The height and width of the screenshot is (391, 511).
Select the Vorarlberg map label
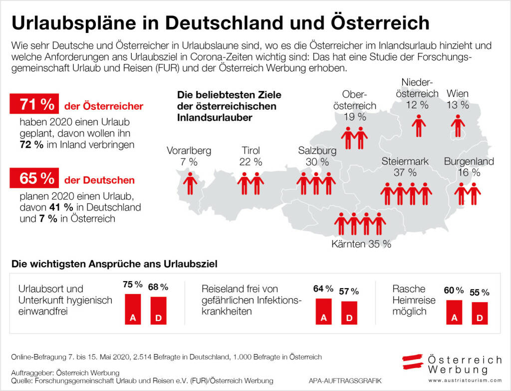pyautogui.click(x=189, y=150)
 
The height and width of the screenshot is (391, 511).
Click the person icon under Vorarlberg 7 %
pyautogui.click(x=190, y=183)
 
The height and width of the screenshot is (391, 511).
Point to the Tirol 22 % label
pyautogui.click(x=251, y=156)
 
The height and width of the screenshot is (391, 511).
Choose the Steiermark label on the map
pyautogui.click(x=405, y=161)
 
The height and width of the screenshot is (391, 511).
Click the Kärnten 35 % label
pyautogui.click(x=361, y=245)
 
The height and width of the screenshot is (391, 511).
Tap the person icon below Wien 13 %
pyautogui.click(x=458, y=125)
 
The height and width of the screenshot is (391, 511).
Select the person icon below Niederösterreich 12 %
pyautogui.click(x=418, y=125)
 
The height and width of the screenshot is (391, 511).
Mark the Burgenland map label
pyautogui.click(x=469, y=161)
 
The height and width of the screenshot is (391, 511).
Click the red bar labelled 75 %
pyautogui.click(x=133, y=309)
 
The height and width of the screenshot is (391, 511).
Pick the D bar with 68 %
pyautogui.click(x=158, y=311)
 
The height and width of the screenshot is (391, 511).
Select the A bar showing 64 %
pyautogui.click(x=323, y=312)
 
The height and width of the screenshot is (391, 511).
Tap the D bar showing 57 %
pyautogui.click(x=349, y=313)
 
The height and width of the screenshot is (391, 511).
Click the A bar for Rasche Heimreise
pyautogui.click(x=454, y=312)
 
